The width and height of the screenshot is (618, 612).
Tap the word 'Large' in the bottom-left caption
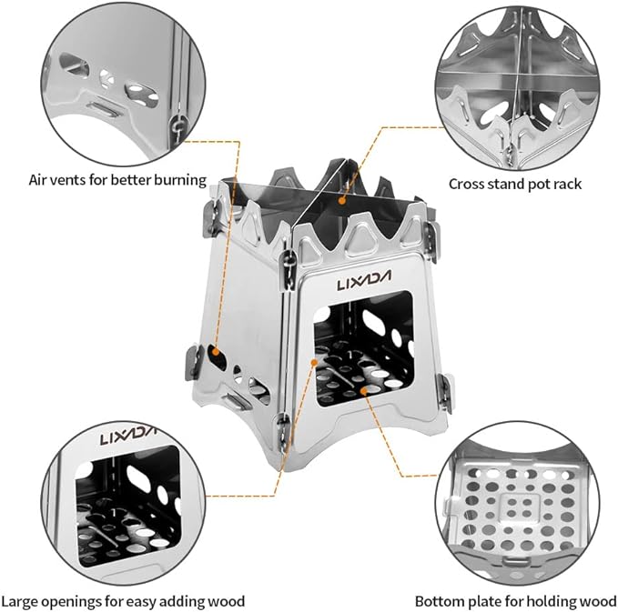tap(21, 601)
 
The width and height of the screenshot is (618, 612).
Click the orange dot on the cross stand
tap(343, 196)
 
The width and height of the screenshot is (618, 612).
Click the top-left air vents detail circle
tap(98, 80)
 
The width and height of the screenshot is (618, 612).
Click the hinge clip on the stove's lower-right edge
tap(445, 389)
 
